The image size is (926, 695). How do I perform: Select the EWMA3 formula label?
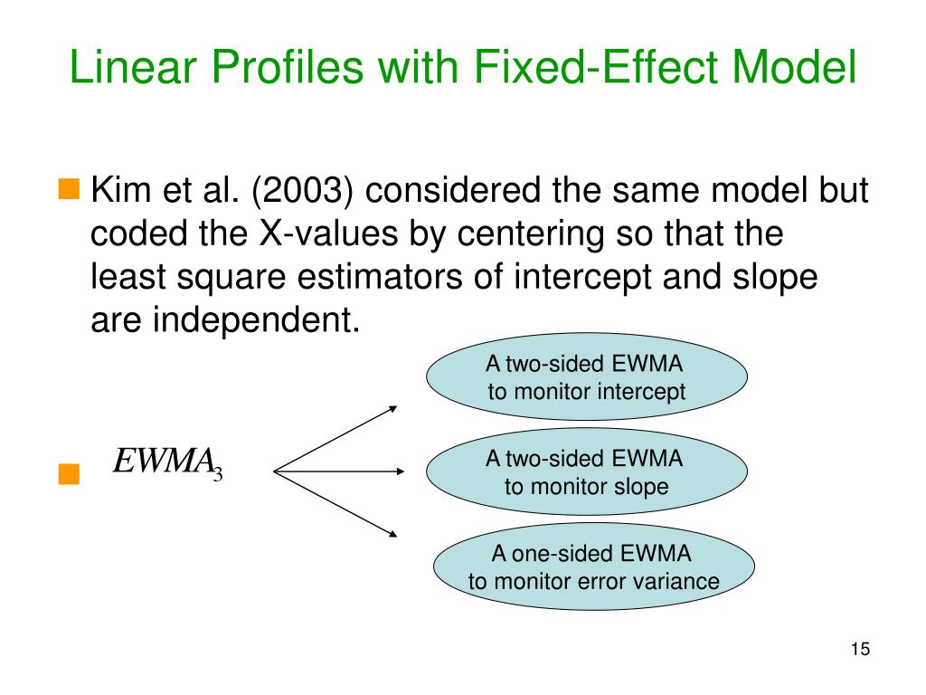pyautogui.click(x=167, y=462)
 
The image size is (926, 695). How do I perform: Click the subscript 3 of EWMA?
pyautogui.click(x=218, y=472)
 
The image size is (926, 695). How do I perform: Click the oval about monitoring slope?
pyautogui.click(x=587, y=471)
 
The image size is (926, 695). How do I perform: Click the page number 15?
pyautogui.click(x=859, y=649)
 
